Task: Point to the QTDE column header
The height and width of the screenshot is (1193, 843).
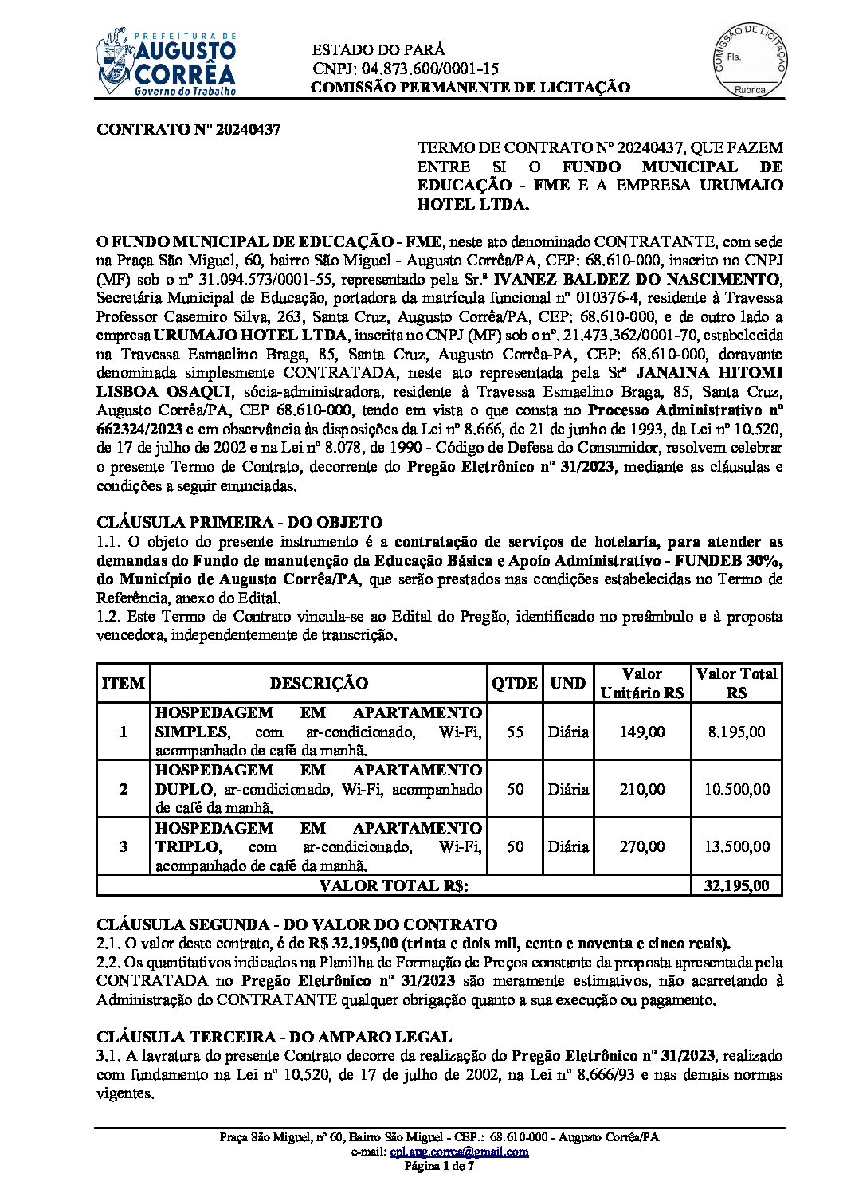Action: click(x=515, y=683)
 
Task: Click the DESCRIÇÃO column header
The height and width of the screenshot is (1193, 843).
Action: click(x=319, y=683)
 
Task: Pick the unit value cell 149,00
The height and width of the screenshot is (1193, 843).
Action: click(x=642, y=732)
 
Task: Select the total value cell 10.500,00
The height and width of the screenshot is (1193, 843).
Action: click(x=737, y=789)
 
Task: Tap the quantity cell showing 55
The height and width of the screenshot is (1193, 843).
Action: click(x=515, y=732)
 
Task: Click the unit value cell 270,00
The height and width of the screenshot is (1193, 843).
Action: click(x=642, y=846)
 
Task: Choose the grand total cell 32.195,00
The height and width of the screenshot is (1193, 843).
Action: click(x=737, y=885)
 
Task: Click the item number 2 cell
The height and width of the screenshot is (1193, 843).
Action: click(x=123, y=789)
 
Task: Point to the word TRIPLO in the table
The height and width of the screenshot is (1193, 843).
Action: click(x=186, y=846)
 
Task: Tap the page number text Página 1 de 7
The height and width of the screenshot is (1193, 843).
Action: click(x=439, y=1166)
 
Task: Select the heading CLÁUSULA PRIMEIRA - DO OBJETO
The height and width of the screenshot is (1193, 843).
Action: click(x=239, y=523)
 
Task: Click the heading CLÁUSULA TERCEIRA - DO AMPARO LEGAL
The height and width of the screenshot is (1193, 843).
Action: click(x=274, y=1037)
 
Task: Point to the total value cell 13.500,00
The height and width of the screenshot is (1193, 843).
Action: click(x=737, y=846)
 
